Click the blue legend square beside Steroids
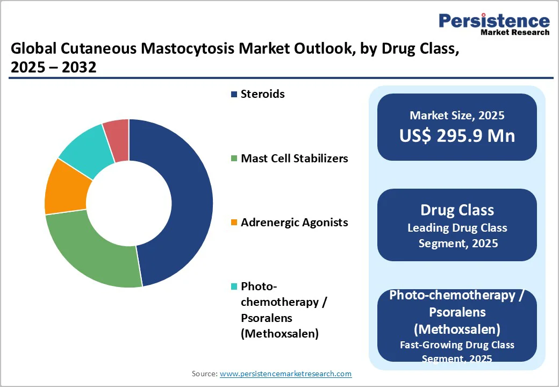[234, 95]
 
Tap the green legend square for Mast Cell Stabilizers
[234, 159]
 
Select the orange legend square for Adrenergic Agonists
[234, 223]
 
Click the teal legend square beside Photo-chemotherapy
[234, 286]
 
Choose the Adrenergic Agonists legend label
[295, 223]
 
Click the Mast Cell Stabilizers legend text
[295, 158]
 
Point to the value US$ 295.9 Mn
[457, 136]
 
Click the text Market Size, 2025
[457, 115]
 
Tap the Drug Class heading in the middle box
[457, 210]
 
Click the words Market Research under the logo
[515, 32]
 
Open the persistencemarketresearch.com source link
[285, 374]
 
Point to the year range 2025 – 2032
[53, 67]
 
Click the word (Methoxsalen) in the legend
[280, 334]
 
